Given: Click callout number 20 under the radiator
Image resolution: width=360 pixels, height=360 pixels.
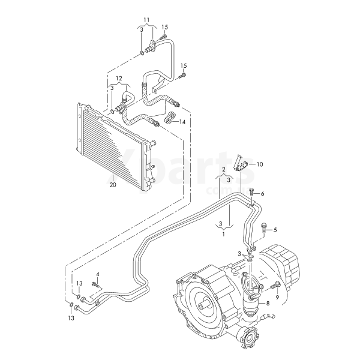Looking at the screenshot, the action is pos(113,185).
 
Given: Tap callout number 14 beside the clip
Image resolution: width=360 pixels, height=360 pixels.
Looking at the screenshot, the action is pos(182,122).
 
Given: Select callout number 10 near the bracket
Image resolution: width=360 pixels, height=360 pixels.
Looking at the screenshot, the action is pos(260,164).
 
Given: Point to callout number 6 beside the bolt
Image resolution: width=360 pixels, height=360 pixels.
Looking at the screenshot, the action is pos(262,194).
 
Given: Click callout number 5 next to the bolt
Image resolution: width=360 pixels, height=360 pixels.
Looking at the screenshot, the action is pos(275,230).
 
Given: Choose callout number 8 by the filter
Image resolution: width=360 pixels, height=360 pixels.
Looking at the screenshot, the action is pos(268,303).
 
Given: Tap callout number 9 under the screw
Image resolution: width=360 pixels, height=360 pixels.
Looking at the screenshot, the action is pos(277,298).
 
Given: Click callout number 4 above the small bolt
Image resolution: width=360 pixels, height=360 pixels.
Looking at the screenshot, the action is pos(98,274).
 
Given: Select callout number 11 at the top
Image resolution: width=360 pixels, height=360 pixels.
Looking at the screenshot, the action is pos(147,20).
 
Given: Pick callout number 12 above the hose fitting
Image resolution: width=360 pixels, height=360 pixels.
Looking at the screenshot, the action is pos(119,78).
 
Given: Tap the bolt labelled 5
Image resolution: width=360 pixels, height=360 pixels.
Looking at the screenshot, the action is pos(263,229).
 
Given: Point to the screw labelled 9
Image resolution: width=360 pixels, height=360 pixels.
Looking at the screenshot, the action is pos(275,286).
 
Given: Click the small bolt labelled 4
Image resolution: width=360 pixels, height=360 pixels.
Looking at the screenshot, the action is pos(96,284).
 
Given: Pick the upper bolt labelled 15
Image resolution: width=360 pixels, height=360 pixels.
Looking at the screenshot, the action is pos(164,37).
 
